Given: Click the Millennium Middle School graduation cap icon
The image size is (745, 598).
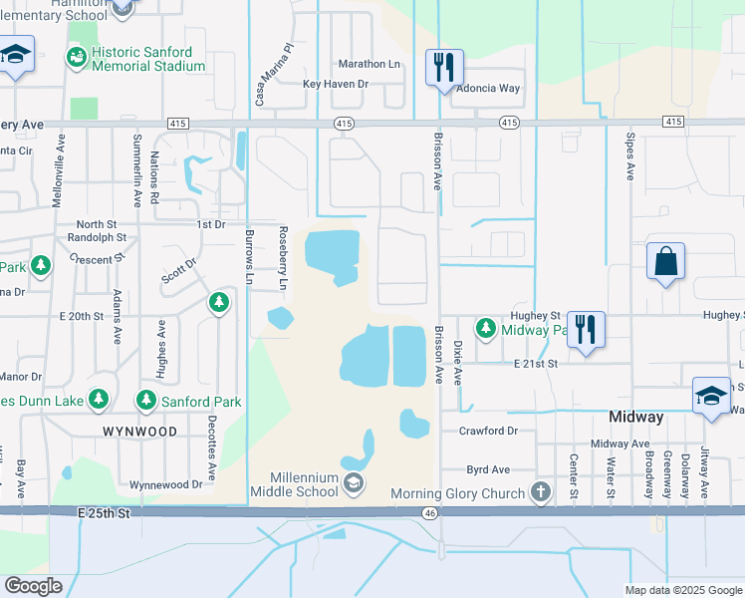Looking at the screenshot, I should pyautogui.click(x=353, y=484).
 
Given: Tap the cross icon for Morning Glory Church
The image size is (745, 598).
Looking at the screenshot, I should pyautogui.click(x=540, y=491).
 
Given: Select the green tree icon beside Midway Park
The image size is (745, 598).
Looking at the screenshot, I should pyautogui.click(x=485, y=328).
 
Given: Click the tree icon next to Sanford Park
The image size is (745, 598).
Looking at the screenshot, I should pyautogui.click(x=146, y=401).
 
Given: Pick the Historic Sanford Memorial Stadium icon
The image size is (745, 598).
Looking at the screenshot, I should pyautogui.click(x=77, y=58).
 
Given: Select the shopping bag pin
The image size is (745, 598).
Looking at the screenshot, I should pyautogui.click(x=664, y=262).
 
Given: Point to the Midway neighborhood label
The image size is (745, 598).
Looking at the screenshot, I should pyautogui.click(x=635, y=417).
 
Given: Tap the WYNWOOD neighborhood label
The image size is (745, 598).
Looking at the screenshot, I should pyautogui.click(x=138, y=432).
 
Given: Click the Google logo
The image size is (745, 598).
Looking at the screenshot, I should pyautogui.click(x=33, y=585).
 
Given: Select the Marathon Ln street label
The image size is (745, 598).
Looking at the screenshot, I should pyautogui.click(x=369, y=64).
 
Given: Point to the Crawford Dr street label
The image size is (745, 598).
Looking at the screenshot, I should pyautogui.click(x=488, y=431).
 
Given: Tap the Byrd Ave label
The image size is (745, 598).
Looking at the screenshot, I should pyautogui.click(x=488, y=469).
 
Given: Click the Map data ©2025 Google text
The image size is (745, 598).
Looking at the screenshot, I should pyautogui.click(x=682, y=590).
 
